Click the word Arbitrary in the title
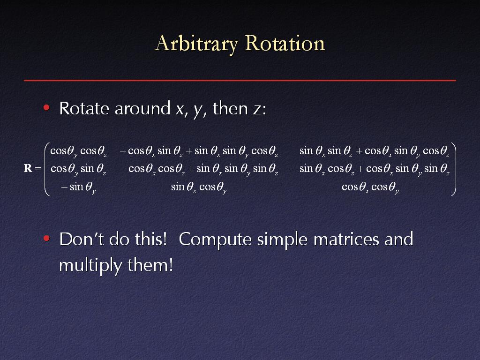(196, 44)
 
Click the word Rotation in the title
(285, 43)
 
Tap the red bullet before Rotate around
(46, 107)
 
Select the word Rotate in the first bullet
(84, 108)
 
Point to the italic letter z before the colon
(257, 110)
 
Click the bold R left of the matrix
(28, 168)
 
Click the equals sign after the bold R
(38, 168)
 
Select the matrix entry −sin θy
(78, 187)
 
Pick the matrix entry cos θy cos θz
(78, 151)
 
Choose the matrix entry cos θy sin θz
(78, 169)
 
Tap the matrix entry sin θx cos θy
(199, 187)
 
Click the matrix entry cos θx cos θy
(370, 187)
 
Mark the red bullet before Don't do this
(46, 238)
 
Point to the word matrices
(346, 240)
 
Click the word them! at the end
(150, 264)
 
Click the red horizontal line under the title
(240, 80)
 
